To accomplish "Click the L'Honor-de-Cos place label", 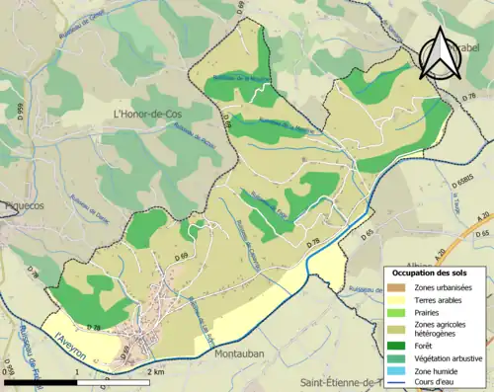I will (x=144, y=115).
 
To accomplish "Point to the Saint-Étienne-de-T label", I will (x=351, y=382).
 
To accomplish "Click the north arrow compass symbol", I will (x=439, y=53).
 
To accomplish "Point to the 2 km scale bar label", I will (x=154, y=372).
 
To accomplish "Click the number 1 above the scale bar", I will (x=78, y=372).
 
